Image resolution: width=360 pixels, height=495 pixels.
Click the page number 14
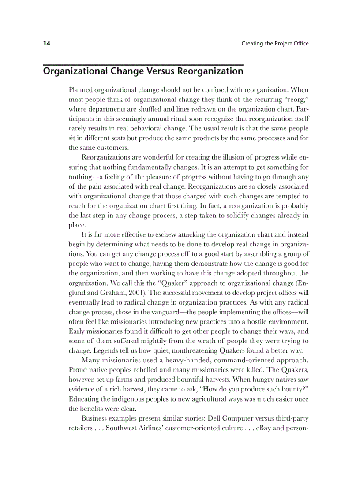tap(46, 43)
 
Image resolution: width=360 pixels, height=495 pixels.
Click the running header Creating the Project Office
tap(275, 43)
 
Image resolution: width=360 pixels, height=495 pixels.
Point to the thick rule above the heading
tap(143, 64)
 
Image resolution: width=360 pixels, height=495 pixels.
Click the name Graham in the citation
tap(113, 292)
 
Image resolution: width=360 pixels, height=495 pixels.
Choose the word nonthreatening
tap(180, 350)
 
